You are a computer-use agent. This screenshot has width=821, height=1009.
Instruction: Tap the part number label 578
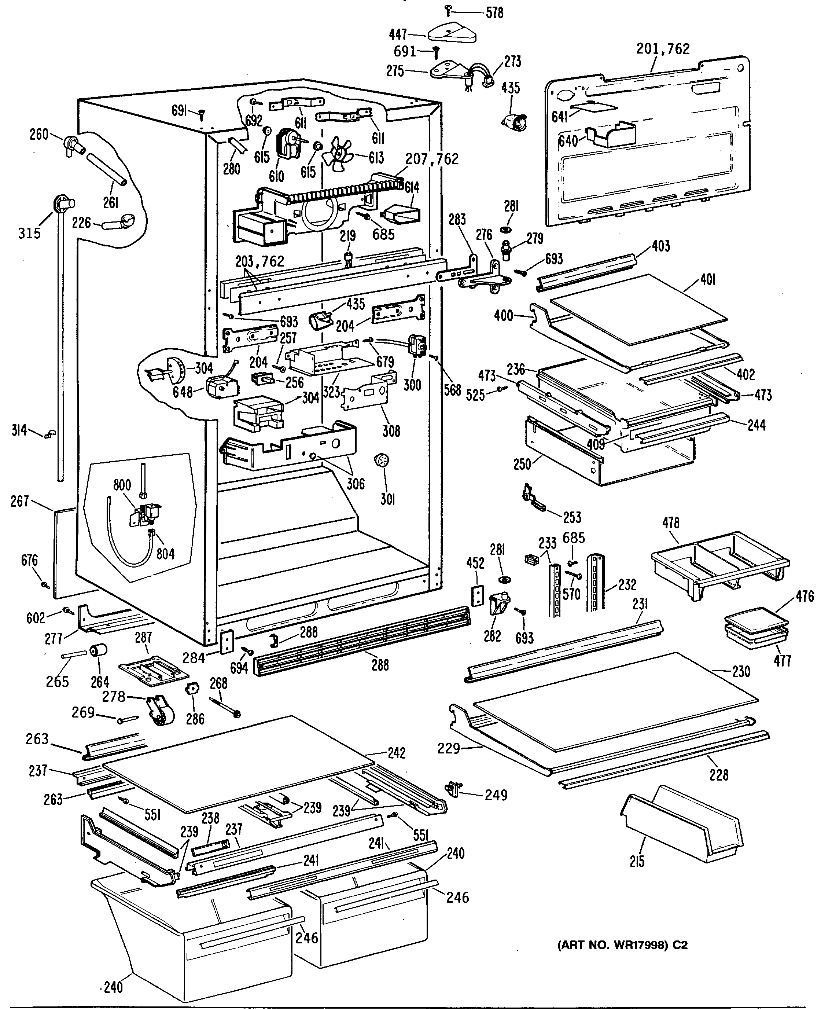(x=495, y=13)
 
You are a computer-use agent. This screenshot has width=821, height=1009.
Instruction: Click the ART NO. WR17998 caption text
(x=622, y=945)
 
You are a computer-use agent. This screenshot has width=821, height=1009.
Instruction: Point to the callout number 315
(x=29, y=233)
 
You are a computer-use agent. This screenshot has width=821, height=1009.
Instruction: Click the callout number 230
(x=741, y=671)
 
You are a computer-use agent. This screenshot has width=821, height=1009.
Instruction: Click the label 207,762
(x=432, y=159)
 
